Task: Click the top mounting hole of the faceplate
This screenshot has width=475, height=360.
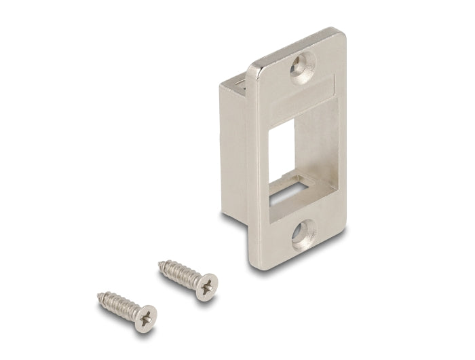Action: click(x=303, y=68)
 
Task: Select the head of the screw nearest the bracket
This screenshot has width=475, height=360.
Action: click(x=208, y=283)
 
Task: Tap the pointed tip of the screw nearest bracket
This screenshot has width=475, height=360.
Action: click(x=160, y=262)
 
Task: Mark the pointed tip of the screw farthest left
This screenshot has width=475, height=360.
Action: click(x=99, y=295)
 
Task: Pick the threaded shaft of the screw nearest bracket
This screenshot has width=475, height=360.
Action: click(x=180, y=272)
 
